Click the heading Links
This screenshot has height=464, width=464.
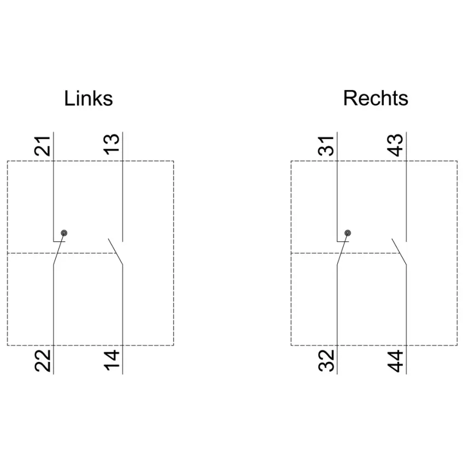click(88, 98)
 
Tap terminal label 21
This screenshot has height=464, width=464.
click(43, 146)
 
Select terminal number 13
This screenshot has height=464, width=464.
click(111, 145)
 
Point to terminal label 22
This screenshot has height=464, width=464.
click(43, 361)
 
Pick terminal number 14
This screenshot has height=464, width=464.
click(111, 360)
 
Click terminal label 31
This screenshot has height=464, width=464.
click(326, 146)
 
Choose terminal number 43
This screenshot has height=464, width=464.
click(395, 145)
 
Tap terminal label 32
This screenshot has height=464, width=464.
click(326, 361)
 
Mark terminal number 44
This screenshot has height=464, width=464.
click(395, 361)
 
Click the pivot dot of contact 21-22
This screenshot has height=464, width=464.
click(64, 233)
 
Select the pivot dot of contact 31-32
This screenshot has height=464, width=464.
click(348, 233)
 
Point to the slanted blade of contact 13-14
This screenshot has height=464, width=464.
click(115, 251)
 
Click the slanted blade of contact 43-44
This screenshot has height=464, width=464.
click(399, 251)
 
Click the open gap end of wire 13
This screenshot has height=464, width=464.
click(122, 241)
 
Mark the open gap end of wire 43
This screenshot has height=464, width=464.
click(406, 241)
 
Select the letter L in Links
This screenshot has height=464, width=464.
click(69, 98)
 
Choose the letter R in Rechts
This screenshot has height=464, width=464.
click(350, 98)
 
